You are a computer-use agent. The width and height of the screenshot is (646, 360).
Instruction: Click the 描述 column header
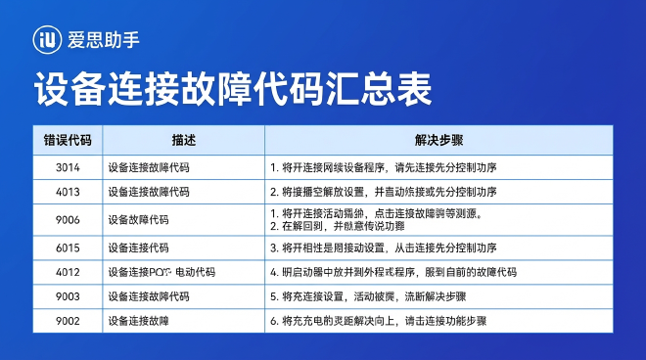tap(183, 140)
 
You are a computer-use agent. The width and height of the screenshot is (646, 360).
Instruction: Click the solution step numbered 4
tap(392, 272)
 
